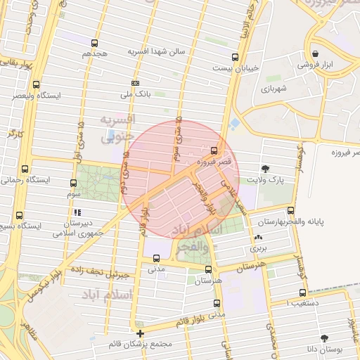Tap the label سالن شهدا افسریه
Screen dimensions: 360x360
[155, 52]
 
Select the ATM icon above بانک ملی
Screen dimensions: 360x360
[134, 82]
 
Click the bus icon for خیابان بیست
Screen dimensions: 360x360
[235, 57]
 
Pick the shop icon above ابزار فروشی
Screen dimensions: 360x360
[315, 53]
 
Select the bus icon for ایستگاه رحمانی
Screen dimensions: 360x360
[25, 169]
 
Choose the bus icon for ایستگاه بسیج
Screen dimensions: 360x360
[19, 216]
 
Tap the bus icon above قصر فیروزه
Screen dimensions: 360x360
[214, 150]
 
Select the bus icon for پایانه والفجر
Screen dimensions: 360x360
[290, 210]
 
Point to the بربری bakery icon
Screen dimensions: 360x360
[259, 238]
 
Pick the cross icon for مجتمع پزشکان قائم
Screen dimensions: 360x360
[140, 333]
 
